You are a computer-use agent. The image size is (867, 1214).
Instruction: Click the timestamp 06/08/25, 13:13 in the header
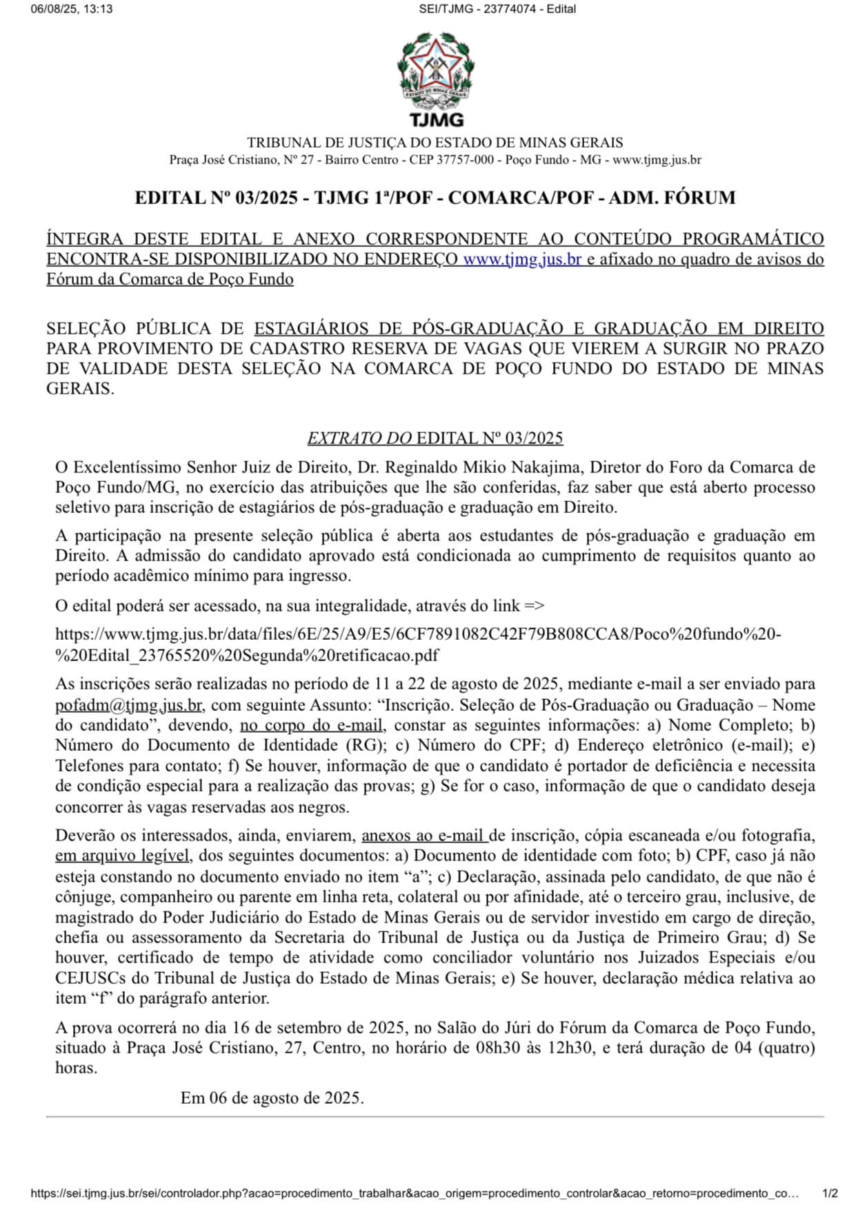(72, 9)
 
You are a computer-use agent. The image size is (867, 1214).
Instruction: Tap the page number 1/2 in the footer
(830, 1193)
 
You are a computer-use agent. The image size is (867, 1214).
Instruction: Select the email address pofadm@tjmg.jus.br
(128, 705)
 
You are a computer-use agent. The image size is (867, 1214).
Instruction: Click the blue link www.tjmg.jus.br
(522, 259)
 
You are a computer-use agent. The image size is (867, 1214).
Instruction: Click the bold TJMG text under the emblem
(436, 120)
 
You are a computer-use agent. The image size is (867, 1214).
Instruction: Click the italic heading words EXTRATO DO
(359, 438)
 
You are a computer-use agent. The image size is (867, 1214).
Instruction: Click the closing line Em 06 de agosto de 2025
(272, 1097)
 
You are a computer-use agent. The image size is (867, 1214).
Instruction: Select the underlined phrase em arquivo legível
(122, 856)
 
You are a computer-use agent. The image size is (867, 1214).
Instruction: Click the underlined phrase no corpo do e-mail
(312, 725)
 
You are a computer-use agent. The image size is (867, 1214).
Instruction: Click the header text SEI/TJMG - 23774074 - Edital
(497, 9)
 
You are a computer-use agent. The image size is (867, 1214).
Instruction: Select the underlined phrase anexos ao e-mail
(424, 836)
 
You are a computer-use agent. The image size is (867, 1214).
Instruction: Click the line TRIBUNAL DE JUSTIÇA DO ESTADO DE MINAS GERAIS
(435, 143)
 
